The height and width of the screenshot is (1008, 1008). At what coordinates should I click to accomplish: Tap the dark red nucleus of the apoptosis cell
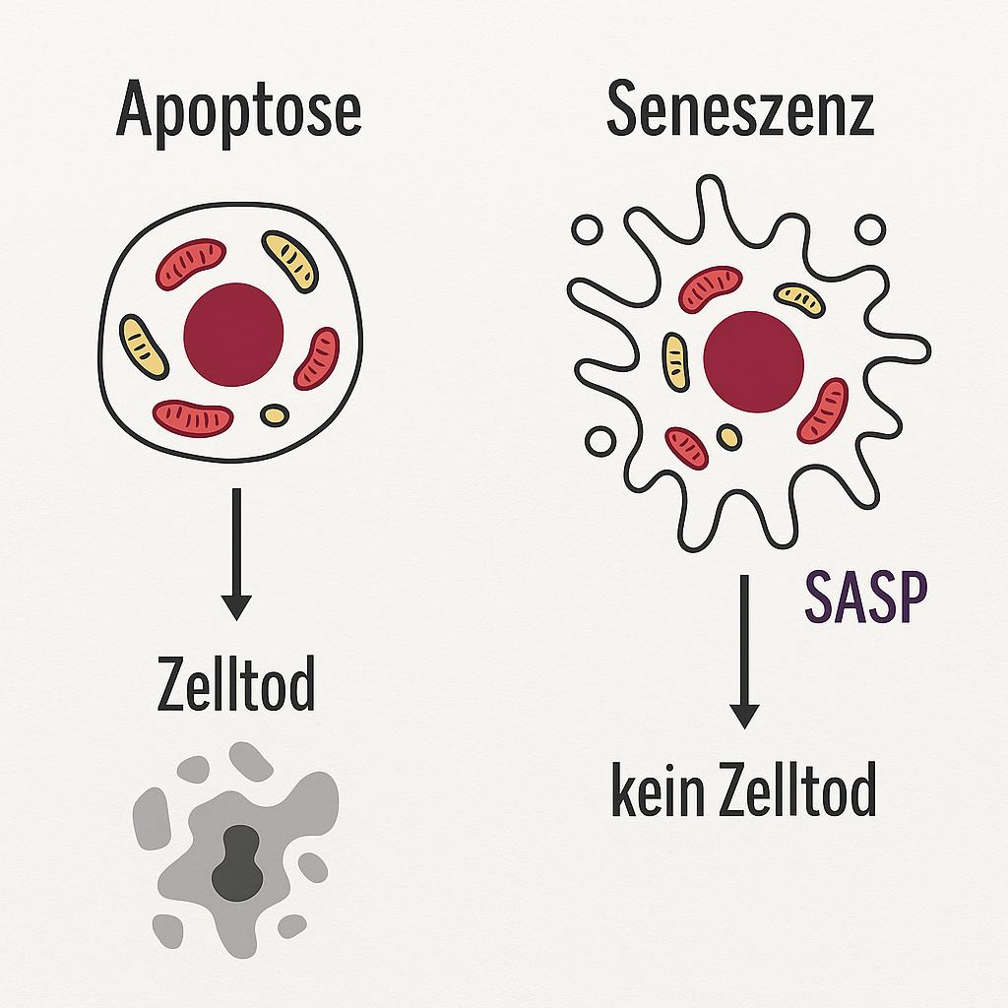point(234,331)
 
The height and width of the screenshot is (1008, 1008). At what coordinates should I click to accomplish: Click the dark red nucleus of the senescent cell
point(753,360)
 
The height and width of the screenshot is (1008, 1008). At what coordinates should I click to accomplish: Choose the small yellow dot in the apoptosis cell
point(275,414)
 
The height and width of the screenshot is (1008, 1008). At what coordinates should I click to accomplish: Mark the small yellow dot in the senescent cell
point(729,436)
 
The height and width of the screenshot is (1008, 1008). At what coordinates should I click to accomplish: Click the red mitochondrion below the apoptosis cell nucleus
point(193,417)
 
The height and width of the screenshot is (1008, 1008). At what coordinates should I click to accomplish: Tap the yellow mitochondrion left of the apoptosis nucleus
point(144,346)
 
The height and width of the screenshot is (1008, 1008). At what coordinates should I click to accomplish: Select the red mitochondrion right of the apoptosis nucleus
point(317,358)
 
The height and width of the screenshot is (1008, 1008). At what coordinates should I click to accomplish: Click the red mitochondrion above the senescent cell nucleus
point(710,288)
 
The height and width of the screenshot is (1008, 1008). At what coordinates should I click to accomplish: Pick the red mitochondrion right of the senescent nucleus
point(822,410)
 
